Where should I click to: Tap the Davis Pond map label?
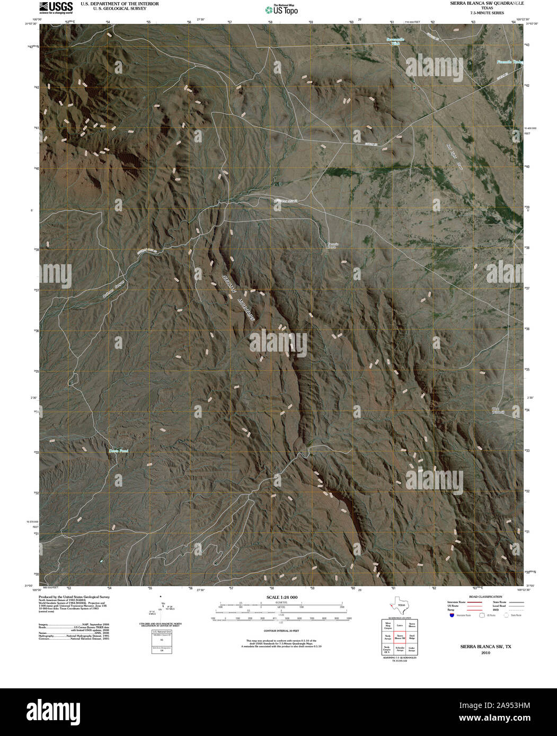[119, 451]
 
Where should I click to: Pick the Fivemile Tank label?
[510, 62]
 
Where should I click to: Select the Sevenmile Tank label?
[394, 41]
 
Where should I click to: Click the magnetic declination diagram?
[161, 609]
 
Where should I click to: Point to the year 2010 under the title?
[486, 653]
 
